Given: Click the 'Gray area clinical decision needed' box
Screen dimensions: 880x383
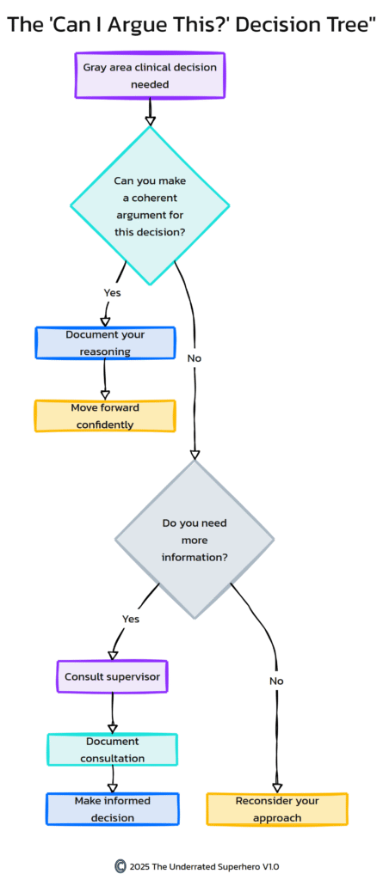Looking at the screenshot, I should coord(150,76).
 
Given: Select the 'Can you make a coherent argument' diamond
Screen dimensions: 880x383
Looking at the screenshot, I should coord(150,205).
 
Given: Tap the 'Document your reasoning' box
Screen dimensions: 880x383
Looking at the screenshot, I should coord(105,342).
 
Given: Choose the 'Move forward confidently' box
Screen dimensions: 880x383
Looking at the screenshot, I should coord(105,415).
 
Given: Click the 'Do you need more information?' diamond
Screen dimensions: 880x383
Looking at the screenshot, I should coord(195,539).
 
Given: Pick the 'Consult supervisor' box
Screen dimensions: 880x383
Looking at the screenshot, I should coord(112,676).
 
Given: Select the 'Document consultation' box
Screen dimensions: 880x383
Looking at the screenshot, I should coord(112,749).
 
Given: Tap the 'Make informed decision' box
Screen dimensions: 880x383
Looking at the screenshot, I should coord(112,809).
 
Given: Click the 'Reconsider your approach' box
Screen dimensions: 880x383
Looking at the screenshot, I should coord(277,809).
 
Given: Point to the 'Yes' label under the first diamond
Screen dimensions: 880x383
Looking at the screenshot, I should coord(112,292).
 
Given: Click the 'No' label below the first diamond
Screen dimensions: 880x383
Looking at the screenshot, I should coord(194,357).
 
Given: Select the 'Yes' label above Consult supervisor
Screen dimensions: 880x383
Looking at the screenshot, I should coord(131,618).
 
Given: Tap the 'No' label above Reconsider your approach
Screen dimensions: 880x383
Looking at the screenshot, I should coord(276,681).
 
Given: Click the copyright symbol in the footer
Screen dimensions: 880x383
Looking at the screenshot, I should coord(120,865).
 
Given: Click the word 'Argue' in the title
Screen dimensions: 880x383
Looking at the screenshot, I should coord(127,26).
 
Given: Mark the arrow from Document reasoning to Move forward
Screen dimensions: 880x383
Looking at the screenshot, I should coord(105,378).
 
